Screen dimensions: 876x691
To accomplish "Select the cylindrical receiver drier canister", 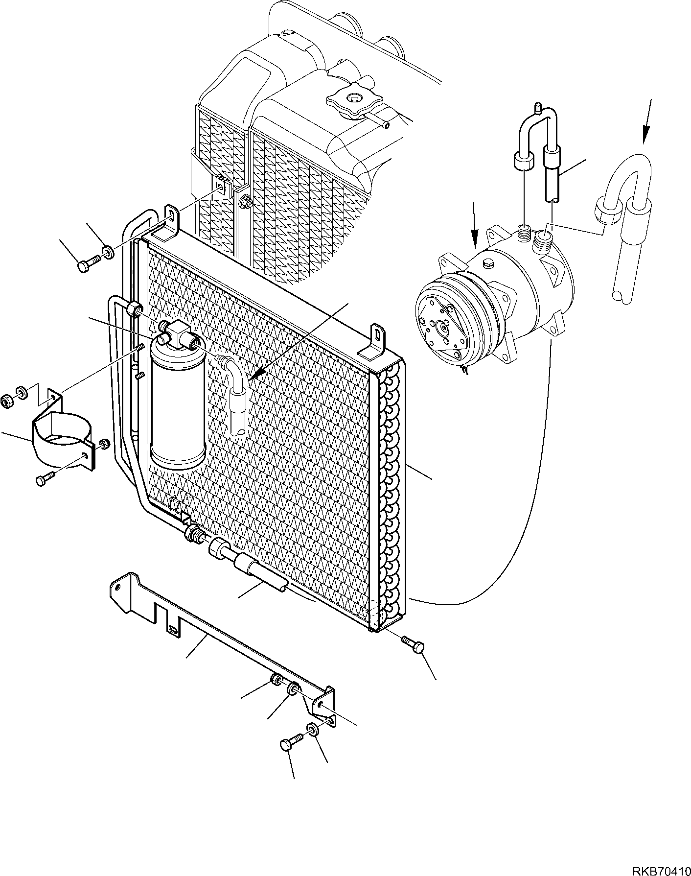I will click(x=177, y=402).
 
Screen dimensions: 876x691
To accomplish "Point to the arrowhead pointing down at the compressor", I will click(x=474, y=243).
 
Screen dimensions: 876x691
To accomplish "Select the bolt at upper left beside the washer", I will click(x=86, y=265).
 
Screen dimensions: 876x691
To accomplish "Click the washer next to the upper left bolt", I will click(x=107, y=253).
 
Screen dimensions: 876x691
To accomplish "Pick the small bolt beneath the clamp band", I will click(x=44, y=479).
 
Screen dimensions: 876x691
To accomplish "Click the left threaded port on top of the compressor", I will click(x=524, y=230).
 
